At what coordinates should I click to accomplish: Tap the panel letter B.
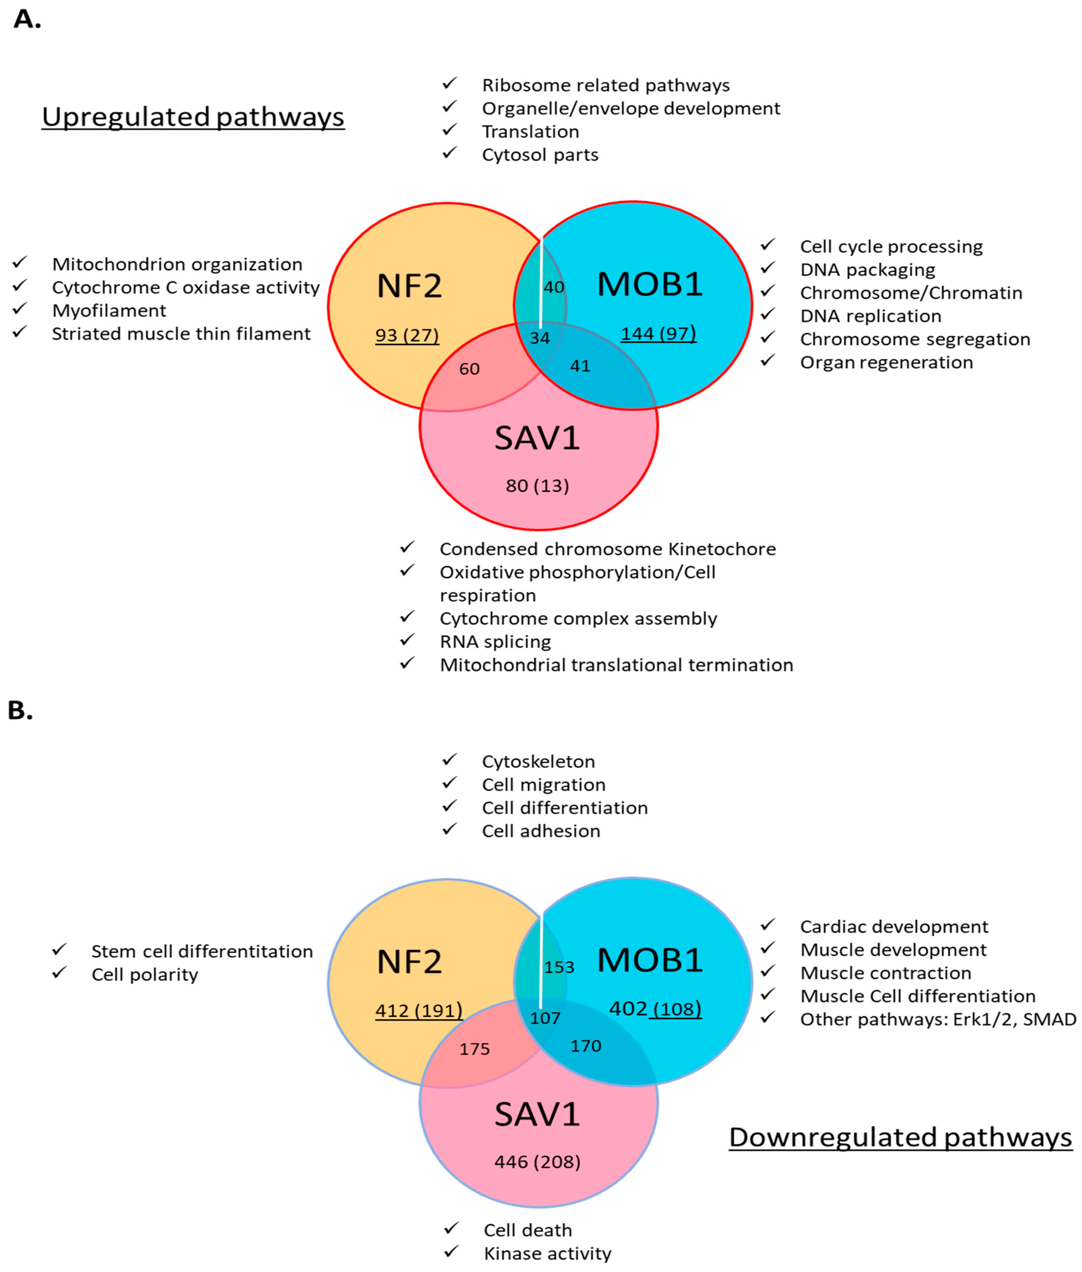click(x=20, y=710)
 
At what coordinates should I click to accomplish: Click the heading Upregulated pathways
click(x=193, y=116)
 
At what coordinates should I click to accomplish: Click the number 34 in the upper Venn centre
click(x=540, y=338)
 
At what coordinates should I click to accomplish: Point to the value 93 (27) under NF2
click(x=407, y=335)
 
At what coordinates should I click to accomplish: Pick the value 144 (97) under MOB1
click(x=658, y=334)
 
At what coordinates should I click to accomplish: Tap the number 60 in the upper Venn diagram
click(x=469, y=369)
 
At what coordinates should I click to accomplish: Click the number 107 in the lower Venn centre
click(x=545, y=1018)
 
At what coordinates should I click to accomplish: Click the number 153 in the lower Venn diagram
click(x=559, y=967)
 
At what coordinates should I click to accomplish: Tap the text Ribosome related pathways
click(x=605, y=85)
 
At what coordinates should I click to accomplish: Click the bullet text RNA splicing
click(x=495, y=641)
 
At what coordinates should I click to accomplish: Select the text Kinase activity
click(x=547, y=1253)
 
